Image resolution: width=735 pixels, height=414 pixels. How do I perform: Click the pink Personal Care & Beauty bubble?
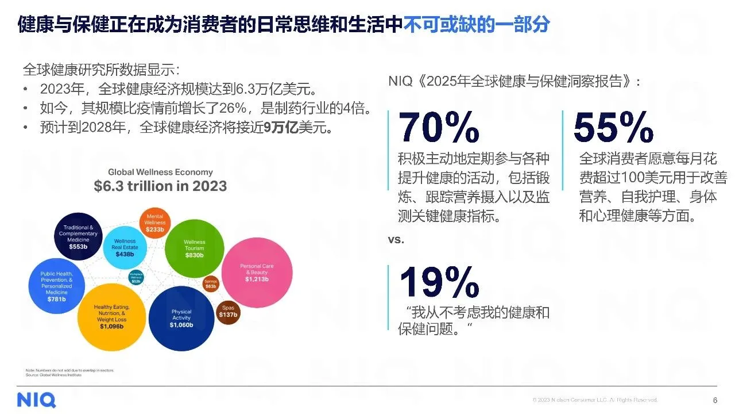tap(257, 272)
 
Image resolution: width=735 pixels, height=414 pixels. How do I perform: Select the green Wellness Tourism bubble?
tap(194, 248)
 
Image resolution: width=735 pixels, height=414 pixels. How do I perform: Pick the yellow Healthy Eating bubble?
tap(111, 317)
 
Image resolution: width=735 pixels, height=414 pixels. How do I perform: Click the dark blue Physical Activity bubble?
tap(181, 318)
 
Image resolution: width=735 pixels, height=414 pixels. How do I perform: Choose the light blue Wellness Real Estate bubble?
tap(125, 247)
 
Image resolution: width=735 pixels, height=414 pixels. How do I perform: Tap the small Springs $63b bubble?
tap(211, 284)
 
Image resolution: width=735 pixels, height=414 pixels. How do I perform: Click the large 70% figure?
tap(439, 128)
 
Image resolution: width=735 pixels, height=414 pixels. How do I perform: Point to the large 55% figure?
tap(613, 127)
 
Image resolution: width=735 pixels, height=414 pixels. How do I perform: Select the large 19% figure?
tap(439, 282)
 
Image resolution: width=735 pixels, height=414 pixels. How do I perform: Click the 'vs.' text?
tap(396, 240)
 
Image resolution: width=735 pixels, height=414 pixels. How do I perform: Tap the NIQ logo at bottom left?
tap(36, 399)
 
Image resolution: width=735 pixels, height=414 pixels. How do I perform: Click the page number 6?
tap(714, 400)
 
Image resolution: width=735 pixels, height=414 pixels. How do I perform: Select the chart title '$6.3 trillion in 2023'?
tap(160, 186)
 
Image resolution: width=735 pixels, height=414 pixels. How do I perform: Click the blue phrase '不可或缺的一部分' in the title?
tap(477, 24)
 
